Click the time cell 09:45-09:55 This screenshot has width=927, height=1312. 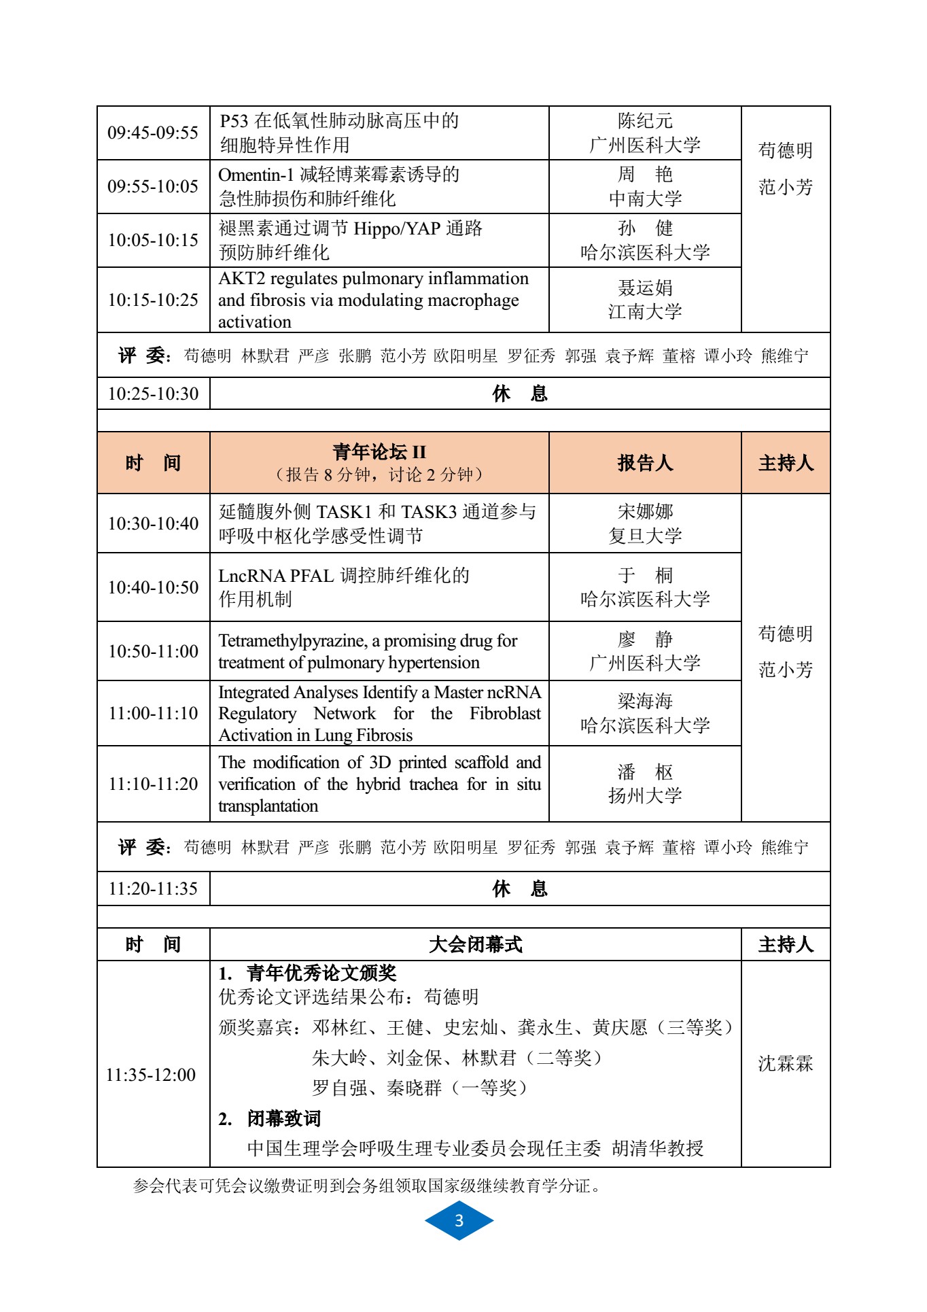153,133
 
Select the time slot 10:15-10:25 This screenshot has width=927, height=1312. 153,300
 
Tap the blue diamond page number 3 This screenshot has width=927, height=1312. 459,1220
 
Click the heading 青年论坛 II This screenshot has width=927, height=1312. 379,452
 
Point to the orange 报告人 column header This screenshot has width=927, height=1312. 644,463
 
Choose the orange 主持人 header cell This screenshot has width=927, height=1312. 786,463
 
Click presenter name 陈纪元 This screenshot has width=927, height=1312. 644,121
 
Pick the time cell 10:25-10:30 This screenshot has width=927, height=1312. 153,394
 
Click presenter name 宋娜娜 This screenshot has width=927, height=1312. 644,511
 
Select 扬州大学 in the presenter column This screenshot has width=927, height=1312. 644,795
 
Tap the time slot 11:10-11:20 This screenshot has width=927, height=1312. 153,784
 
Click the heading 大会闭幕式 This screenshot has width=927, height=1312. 475,944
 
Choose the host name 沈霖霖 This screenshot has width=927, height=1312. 786,1064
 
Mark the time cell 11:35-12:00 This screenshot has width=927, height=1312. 151,1075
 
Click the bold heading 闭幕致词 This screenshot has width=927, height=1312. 283,1118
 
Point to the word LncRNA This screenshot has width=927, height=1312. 251,576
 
